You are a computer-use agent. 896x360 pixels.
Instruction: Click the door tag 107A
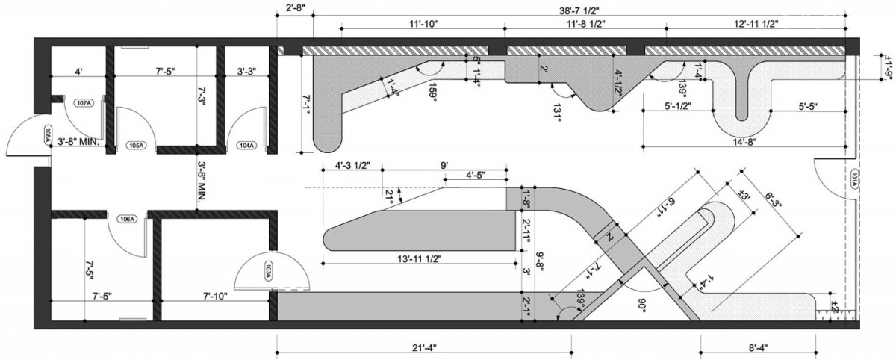tap(83, 103)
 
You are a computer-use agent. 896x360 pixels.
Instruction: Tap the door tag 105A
tap(135, 145)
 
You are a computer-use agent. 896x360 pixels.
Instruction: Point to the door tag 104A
tap(246, 145)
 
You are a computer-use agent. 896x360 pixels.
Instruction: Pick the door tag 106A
tap(128, 219)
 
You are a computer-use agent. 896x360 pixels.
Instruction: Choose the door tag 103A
tap(268, 273)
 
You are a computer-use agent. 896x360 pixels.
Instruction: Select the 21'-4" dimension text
tap(424, 347)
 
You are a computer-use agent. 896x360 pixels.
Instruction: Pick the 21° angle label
tap(388, 196)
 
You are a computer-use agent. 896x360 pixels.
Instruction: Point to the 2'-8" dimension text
tap(295, 9)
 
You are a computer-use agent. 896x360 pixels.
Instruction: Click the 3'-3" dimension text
tap(246, 72)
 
